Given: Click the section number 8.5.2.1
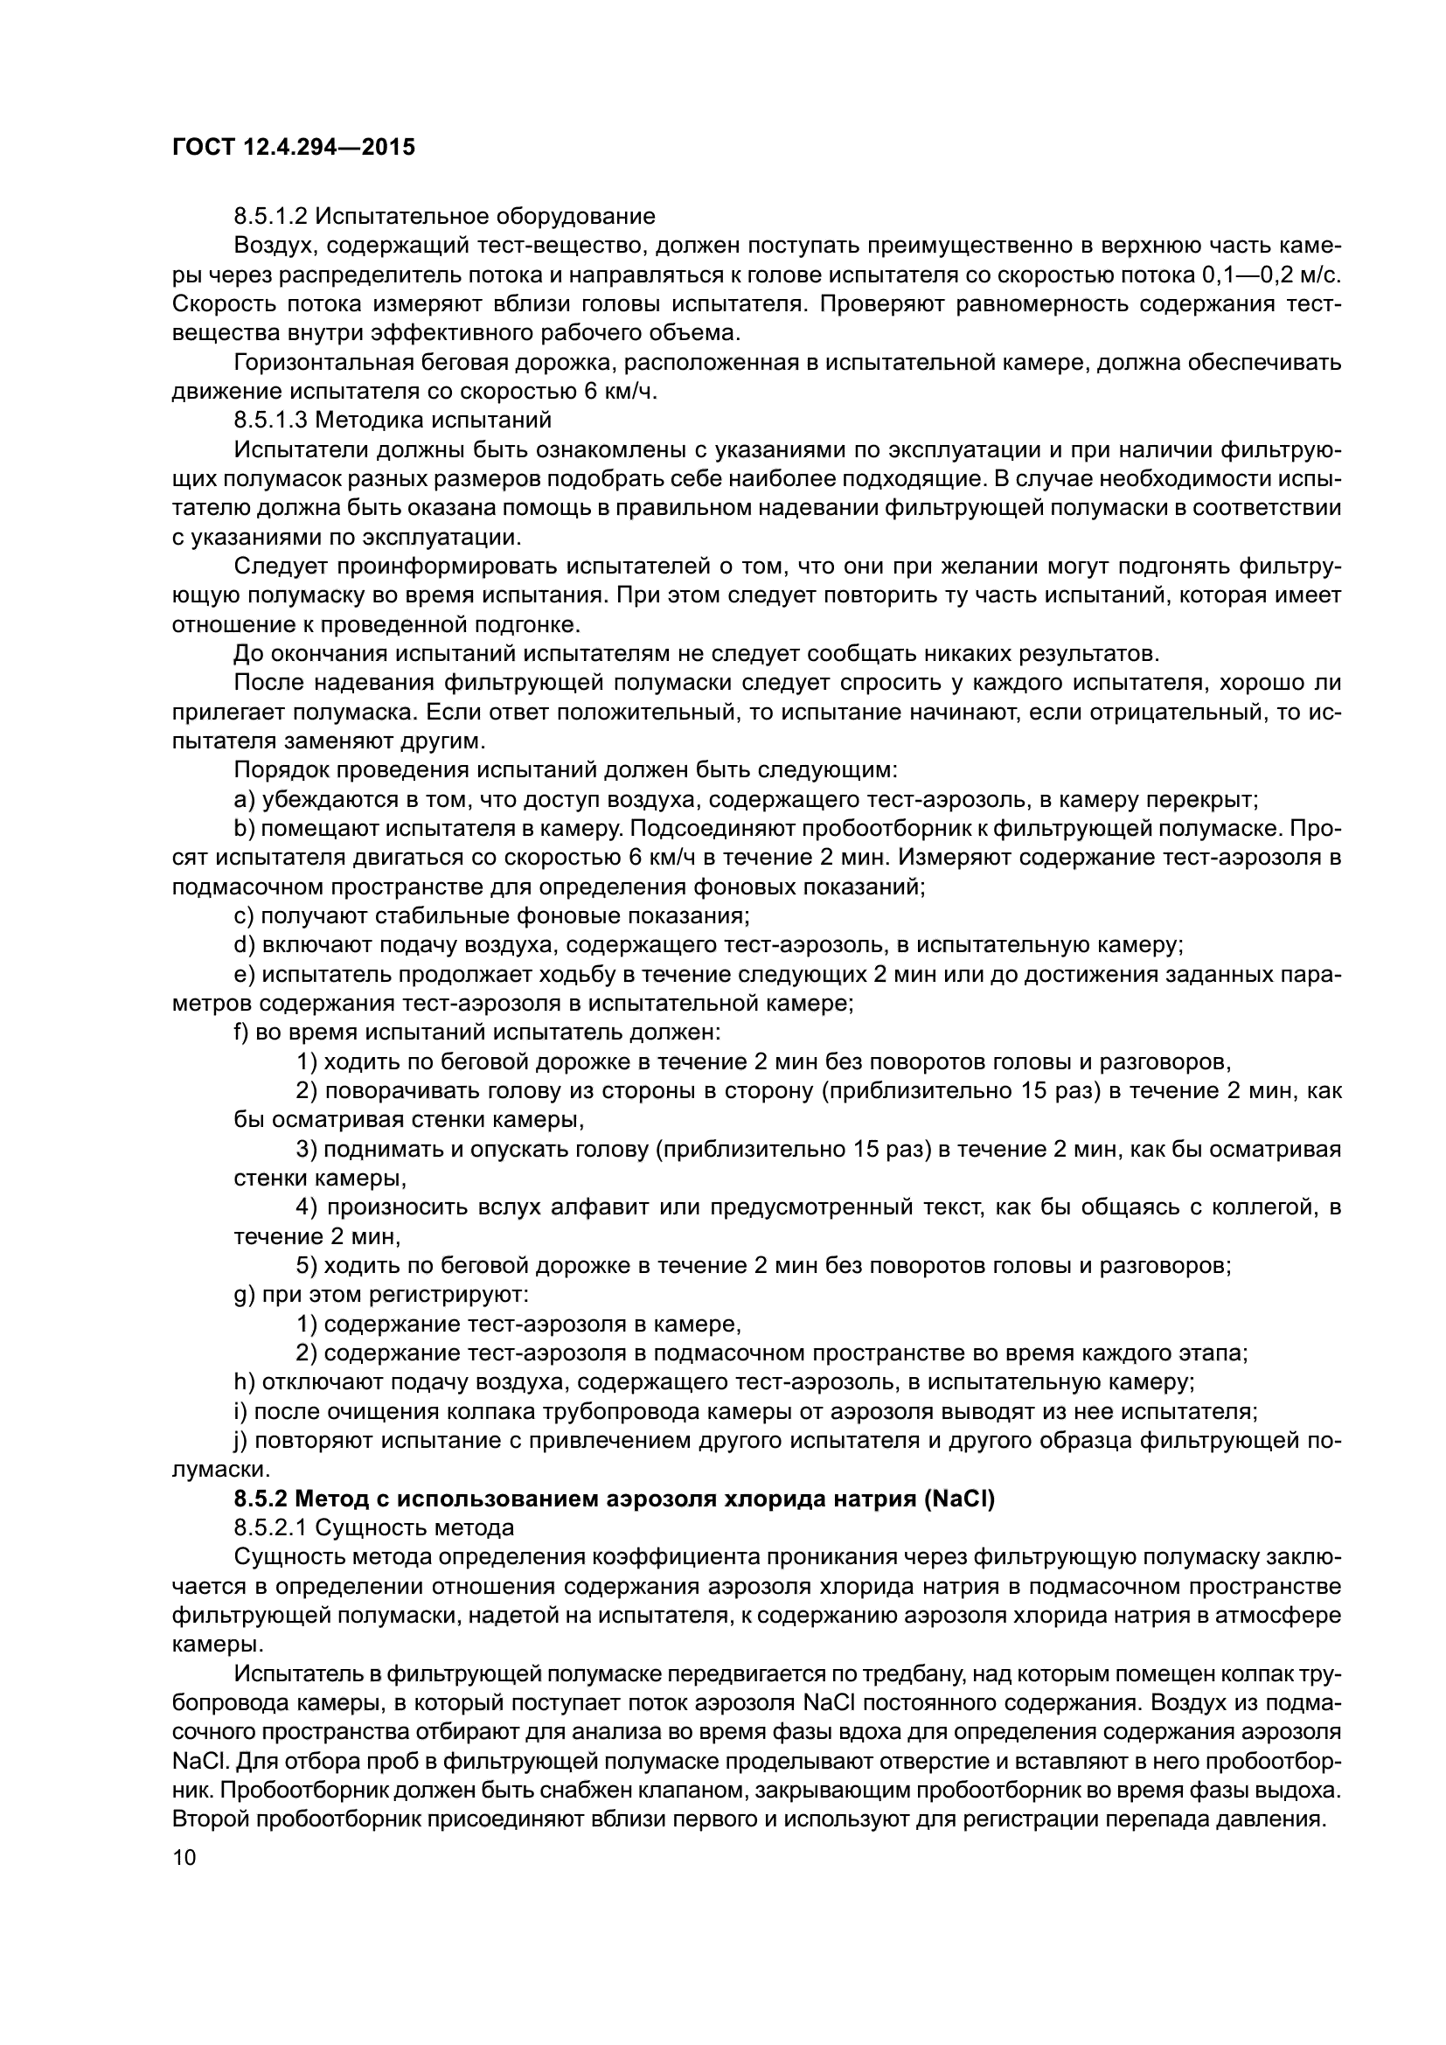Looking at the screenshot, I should (271, 1528).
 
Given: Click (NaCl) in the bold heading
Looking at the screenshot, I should (959, 1499).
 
